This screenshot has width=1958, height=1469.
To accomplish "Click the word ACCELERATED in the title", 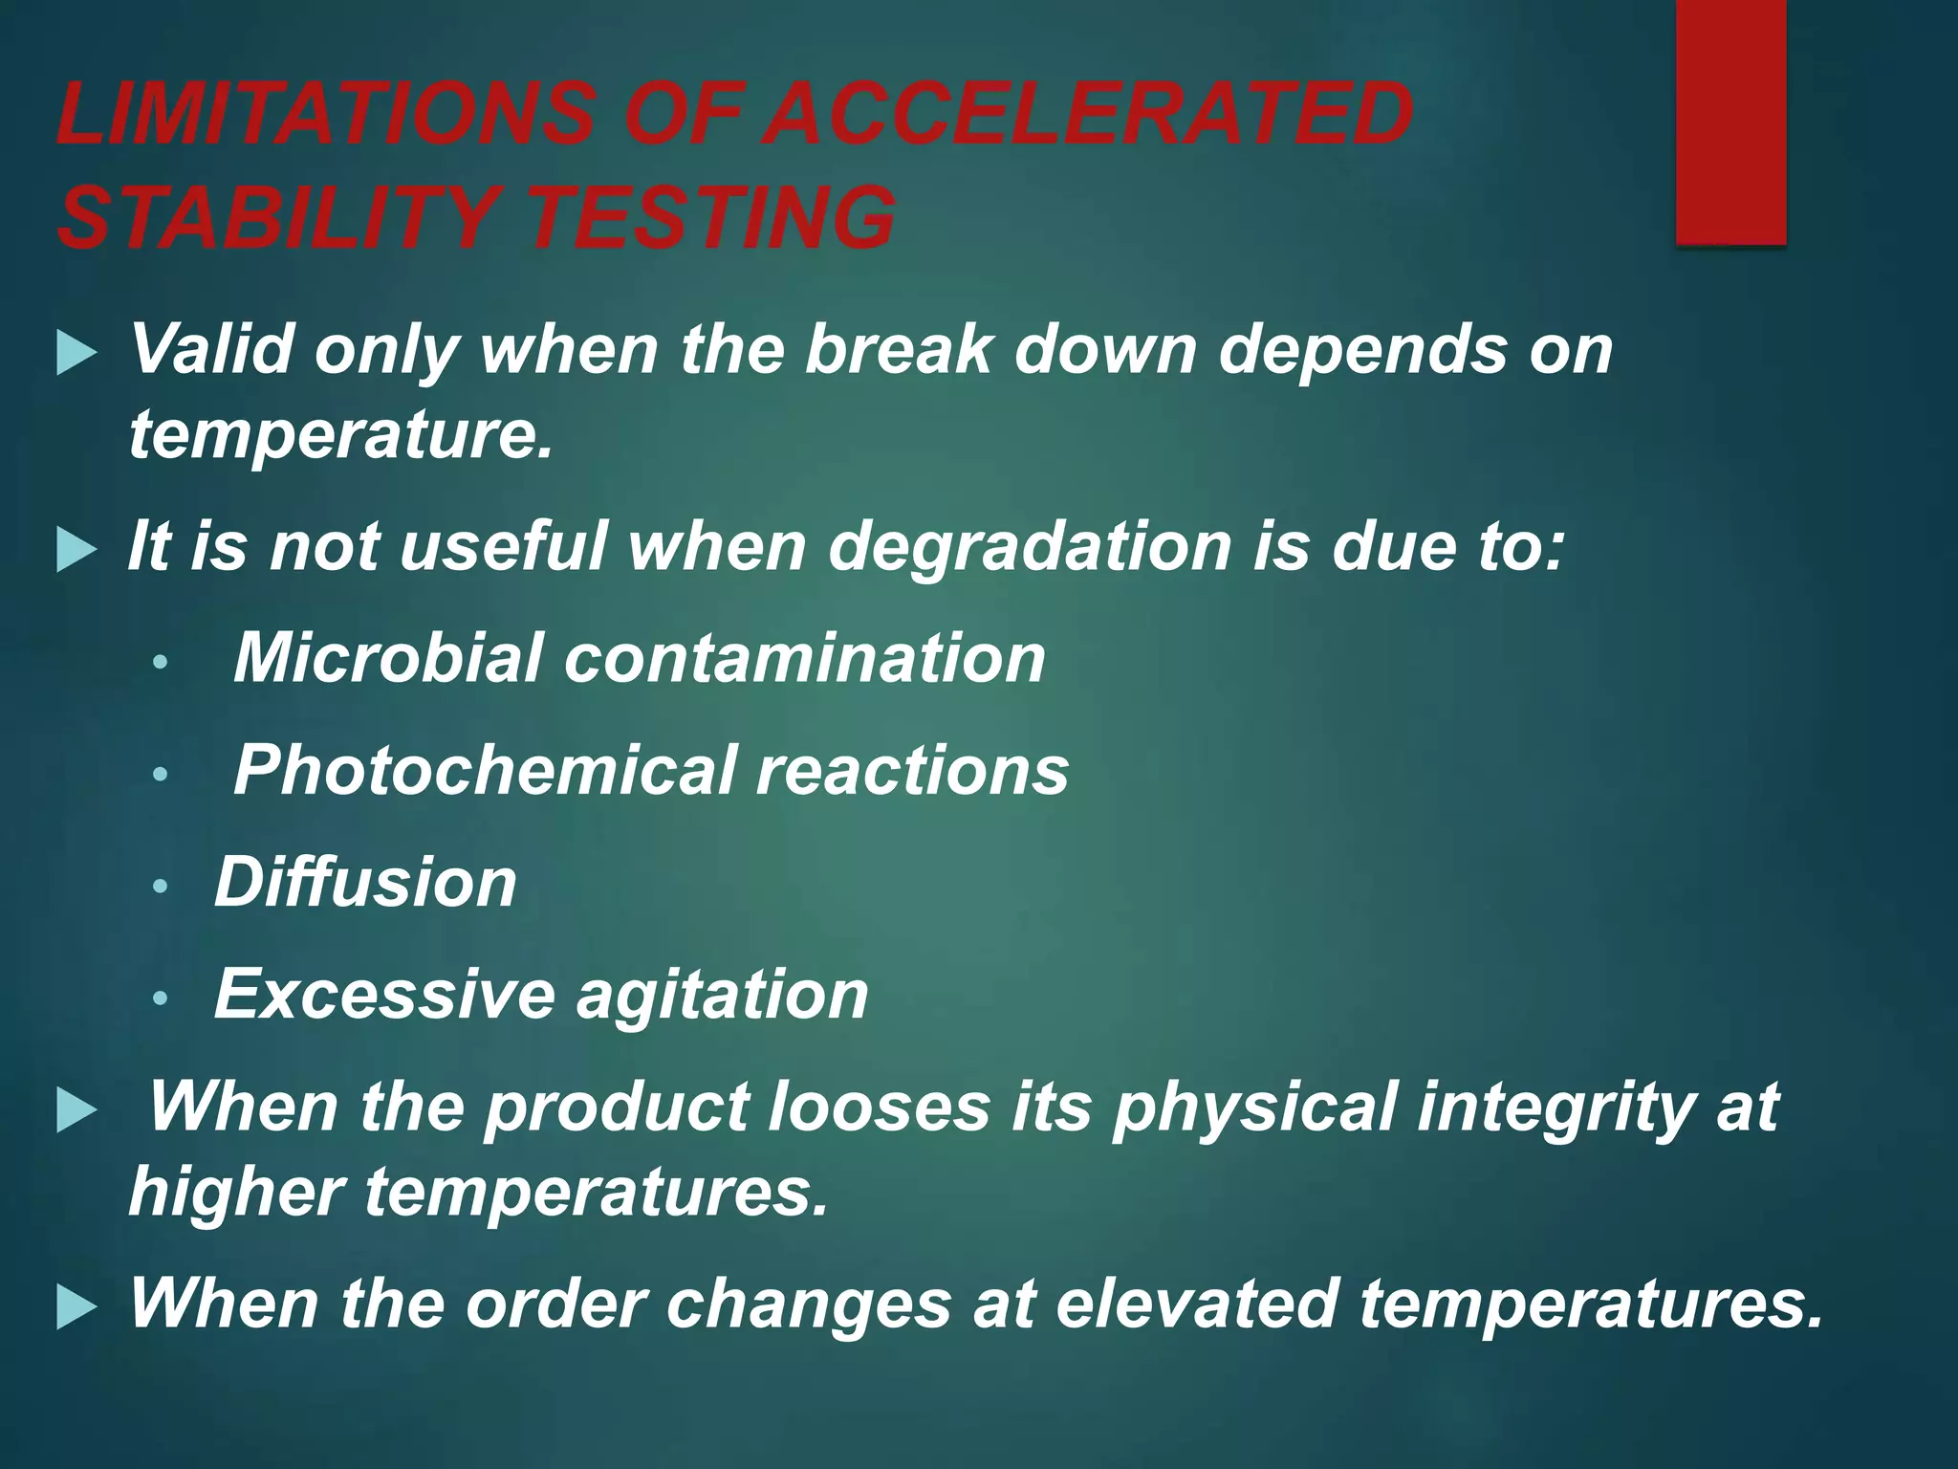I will (1091, 114).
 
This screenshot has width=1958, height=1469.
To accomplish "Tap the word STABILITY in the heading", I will (277, 217).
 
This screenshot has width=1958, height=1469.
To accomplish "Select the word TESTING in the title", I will (711, 217).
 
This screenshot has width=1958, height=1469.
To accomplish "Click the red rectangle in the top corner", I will (1730, 121).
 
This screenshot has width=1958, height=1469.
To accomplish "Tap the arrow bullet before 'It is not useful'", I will (76, 551).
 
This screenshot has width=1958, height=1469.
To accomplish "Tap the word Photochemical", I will (484, 770).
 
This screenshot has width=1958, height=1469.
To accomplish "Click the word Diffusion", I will (365, 882).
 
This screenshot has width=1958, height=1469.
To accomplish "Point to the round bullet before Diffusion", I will (161, 887).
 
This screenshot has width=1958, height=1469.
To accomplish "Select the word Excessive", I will (384, 994).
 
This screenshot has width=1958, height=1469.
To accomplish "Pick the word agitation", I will (722, 996).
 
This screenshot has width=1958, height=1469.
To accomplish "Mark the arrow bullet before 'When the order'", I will (76, 1307).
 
